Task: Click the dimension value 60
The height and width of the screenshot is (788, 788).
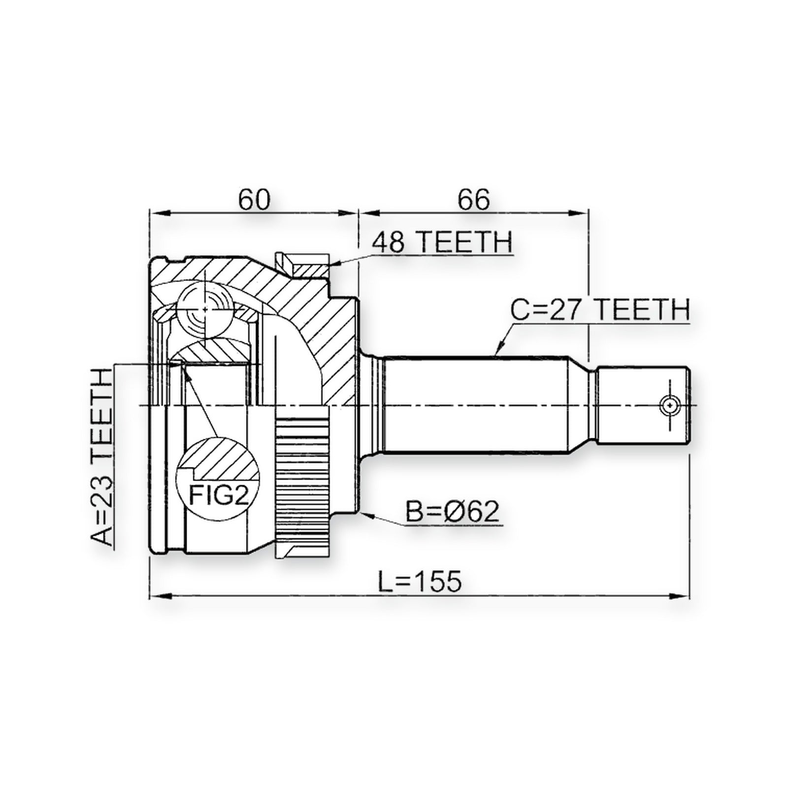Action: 255,199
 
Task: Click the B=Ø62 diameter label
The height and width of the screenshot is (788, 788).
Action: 452,512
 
